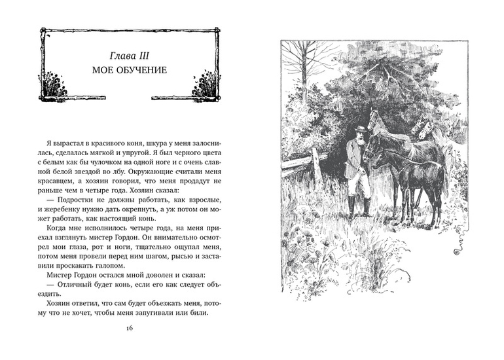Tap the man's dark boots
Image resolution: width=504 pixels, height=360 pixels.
pyautogui.click(x=359, y=208)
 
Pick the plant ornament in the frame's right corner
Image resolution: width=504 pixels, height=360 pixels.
pyautogui.click(x=205, y=86)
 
